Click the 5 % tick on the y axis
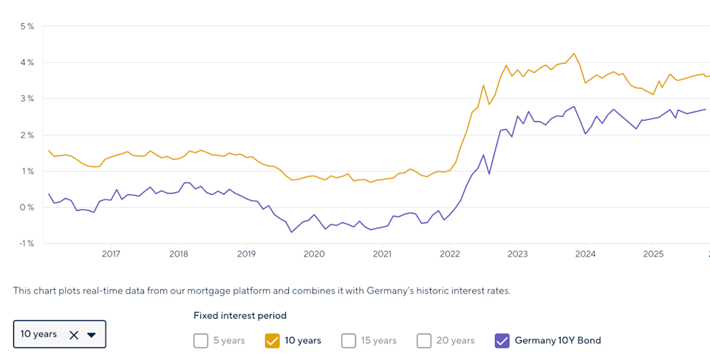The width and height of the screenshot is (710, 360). (x=27, y=27)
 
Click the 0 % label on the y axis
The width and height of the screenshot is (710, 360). (x=27, y=207)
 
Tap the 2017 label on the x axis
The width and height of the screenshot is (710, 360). (x=111, y=254)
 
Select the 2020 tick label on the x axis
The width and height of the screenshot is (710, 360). (x=314, y=254)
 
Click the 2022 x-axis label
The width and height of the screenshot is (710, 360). (x=449, y=254)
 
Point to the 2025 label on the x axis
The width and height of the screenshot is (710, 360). (x=653, y=254)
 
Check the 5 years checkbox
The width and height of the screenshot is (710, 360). (x=201, y=341)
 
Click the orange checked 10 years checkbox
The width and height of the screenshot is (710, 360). (x=272, y=341)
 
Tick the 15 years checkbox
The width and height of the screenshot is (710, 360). (x=349, y=341)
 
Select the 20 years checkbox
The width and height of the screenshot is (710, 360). (x=424, y=341)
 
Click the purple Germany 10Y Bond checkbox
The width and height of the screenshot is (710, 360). (x=502, y=341)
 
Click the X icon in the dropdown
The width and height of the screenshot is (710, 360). (x=74, y=335)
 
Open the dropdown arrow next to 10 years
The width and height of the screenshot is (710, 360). (x=92, y=335)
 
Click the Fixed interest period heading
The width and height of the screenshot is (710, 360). (x=239, y=316)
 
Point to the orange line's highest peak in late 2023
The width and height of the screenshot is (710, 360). (x=573, y=53)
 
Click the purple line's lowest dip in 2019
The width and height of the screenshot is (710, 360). (x=292, y=232)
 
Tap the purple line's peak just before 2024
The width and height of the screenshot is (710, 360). (x=573, y=106)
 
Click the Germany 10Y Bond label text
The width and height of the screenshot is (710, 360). (x=558, y=341)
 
